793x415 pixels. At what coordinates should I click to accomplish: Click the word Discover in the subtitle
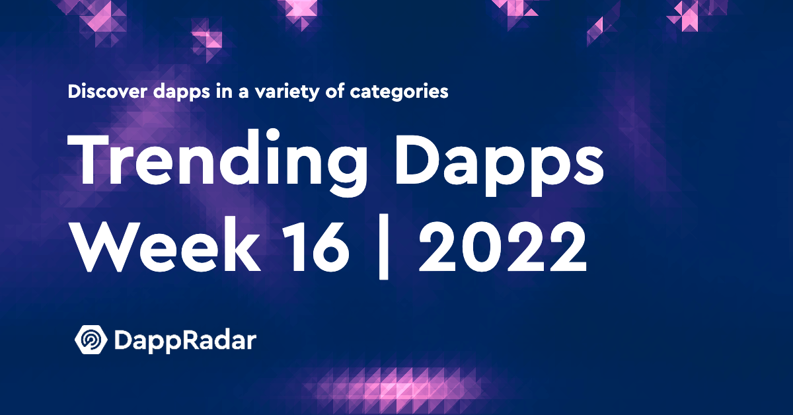pos(108,91)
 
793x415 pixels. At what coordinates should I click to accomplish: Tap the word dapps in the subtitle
pos(182,92)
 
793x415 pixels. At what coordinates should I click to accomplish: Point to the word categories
pos(399,92)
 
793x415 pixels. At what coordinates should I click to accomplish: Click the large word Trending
pos(217,163)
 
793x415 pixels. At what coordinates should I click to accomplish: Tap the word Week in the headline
pos(165,246)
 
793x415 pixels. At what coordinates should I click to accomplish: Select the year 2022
pos(502,246)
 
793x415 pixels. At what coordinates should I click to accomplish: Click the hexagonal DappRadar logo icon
pos(91,340)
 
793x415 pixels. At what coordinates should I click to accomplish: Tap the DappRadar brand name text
pos(185,340)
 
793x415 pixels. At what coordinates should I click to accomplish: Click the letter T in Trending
pos(88,159)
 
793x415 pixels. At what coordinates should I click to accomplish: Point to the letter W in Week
pos(103,246)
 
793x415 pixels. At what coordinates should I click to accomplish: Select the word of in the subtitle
pos(334,91)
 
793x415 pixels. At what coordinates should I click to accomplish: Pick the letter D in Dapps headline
pos(418,159)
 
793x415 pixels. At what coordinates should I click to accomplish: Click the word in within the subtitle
pos(224,91)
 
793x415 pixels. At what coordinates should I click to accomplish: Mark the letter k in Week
pos(241,245)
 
